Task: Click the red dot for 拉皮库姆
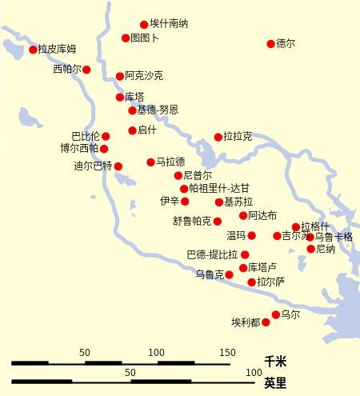[34, 50]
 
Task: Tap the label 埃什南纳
[169, 24]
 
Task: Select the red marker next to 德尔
[270, 44]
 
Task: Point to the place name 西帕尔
[67, 70]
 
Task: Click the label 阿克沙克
[144, 76]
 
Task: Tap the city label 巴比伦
[86, 136]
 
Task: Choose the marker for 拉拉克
[218, 137]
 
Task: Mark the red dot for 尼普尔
[178, 175]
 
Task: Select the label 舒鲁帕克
[192, 221]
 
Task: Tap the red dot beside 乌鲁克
[229, 274]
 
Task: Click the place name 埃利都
[246, 322]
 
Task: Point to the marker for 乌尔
[276, 314]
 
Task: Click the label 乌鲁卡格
[334, 237]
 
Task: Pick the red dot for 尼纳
[310, 249]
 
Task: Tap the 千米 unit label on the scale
[275, 362]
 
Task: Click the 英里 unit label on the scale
[275, 382]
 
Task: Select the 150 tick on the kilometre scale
[229, 353]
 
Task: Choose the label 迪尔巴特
[93, 166]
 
